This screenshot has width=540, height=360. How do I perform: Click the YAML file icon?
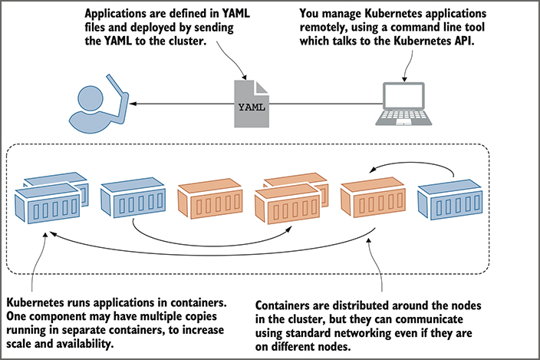(x=250, y=104)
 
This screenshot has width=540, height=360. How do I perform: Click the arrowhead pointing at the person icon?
(x=140, y=105)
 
